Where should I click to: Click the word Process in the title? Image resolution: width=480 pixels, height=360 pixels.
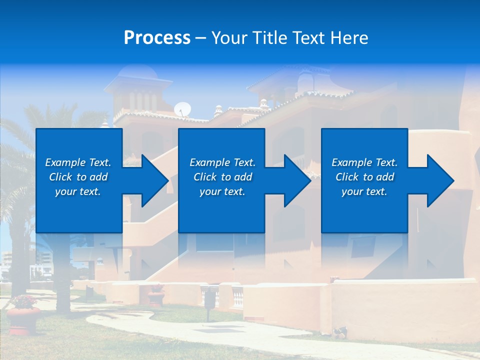157,38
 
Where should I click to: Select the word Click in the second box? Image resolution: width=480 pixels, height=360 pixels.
204,177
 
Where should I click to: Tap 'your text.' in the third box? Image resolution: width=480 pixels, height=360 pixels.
364,191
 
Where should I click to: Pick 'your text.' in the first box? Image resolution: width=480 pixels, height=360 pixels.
78,191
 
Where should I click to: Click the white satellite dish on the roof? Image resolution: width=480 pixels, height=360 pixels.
182,109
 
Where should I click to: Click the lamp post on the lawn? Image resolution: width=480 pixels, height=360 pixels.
209,300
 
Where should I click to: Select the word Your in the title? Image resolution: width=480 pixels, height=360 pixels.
230,38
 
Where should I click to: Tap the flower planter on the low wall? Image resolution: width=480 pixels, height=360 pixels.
156,295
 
